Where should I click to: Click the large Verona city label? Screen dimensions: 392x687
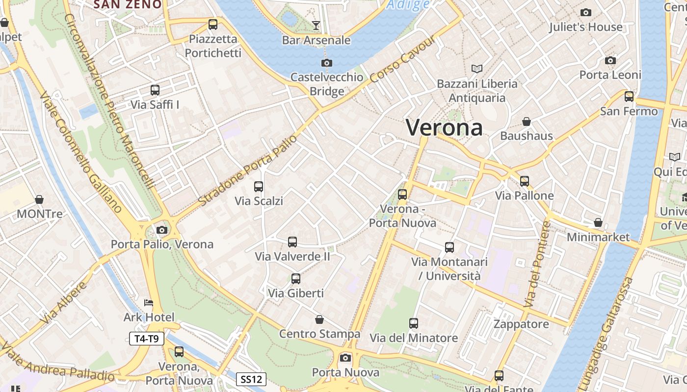click(x=444, y=127)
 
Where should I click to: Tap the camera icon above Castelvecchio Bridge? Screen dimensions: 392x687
click(x=327, y=63)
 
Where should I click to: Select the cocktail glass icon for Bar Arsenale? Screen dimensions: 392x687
click(x=316, y=25)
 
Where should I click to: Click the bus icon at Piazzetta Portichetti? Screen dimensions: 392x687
click(x=213, y=24)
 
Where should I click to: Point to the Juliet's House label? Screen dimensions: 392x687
click(x=585, y=27)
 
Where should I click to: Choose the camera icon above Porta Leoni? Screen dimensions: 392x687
click(x=610, y=61)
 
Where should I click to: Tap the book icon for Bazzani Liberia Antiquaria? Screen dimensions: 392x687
click(x=477, y=69)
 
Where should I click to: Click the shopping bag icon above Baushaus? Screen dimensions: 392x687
click(x=527, y=122)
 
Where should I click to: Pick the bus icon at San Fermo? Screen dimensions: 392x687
click(x=629, y=97)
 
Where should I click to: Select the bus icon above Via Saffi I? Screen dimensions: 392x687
click(x=155, y=90)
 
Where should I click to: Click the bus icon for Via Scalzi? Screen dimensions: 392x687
click(x=259, y=187)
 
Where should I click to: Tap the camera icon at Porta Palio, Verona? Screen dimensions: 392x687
click(x=162, y=230)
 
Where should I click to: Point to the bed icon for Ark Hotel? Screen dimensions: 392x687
click(x=149, y=303)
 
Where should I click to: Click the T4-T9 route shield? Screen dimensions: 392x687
click(x=146, y=338)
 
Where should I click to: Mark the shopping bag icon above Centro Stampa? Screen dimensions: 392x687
click(x=319, y=320)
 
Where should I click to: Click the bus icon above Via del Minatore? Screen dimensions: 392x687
click(x=414, y=323)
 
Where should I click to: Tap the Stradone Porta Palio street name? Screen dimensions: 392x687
click(x=248, y=170)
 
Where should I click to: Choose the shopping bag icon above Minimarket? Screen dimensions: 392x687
click(x=598, y=223)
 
